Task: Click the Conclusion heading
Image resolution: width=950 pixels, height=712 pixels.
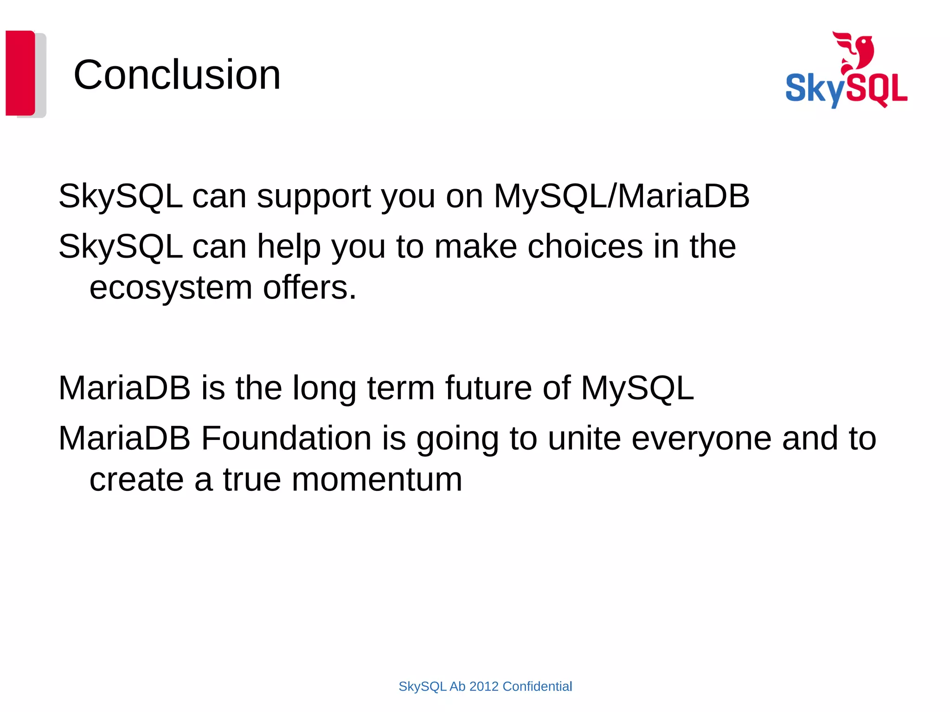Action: point(177,75)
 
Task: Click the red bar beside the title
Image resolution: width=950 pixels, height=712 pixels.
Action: point(20,73)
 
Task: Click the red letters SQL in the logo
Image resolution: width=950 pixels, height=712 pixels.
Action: point(879,89)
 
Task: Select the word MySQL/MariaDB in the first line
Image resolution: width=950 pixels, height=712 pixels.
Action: point(621,196)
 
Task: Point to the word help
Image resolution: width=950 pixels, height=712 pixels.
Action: point(289,246)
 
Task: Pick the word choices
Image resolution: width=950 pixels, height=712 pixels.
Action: point(585,246)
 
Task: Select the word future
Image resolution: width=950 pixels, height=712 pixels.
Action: point(488,388)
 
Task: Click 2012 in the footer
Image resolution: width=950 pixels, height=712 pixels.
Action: point(484,687)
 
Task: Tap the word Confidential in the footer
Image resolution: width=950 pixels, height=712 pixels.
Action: point(537,687)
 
